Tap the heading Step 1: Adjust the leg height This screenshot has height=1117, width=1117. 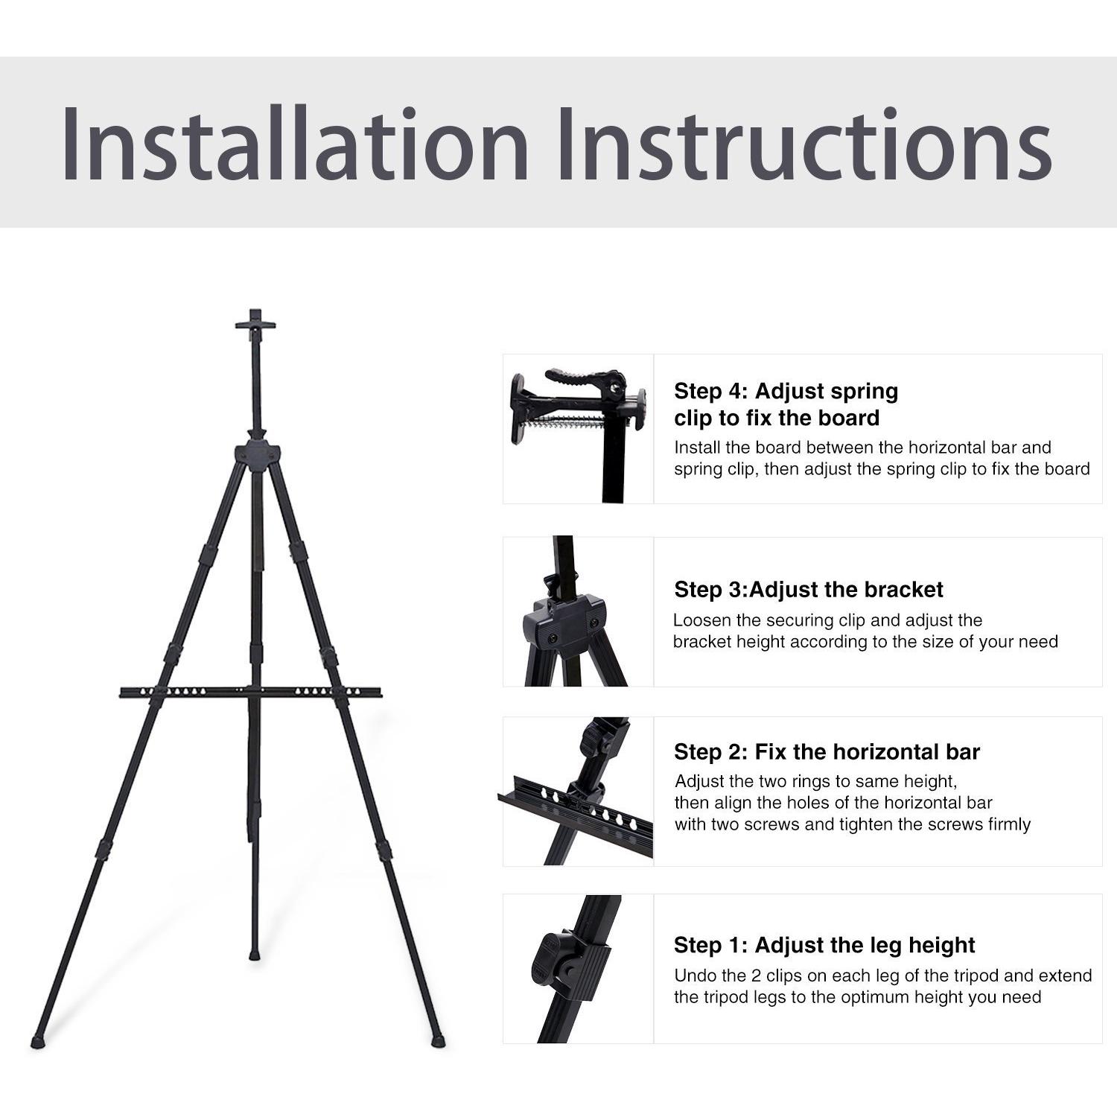[824, 945]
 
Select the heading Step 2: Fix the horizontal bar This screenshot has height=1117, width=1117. [827, 752]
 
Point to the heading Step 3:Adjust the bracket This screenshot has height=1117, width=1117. [809, 590]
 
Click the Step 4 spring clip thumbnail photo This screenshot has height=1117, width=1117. [579, 429]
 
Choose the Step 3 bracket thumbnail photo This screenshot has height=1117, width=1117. [579, 611]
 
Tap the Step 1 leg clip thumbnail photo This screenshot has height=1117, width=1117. [579, 969]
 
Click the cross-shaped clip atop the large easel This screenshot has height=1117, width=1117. [255, 324]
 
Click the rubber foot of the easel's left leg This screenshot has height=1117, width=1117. [38, 1040]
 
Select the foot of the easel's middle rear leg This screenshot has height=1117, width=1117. [255, 952]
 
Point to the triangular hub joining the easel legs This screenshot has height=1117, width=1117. [257, 456]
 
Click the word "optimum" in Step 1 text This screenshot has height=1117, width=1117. [879, 998]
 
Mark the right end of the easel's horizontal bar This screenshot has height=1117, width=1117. [381, 693]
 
